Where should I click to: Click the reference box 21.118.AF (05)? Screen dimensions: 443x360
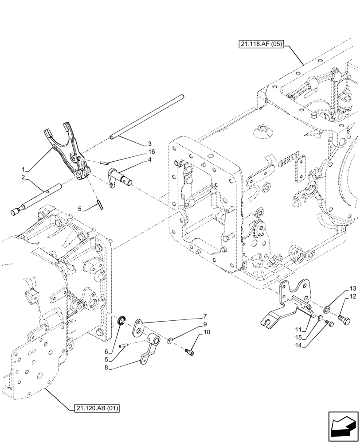[x=260, y=44]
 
